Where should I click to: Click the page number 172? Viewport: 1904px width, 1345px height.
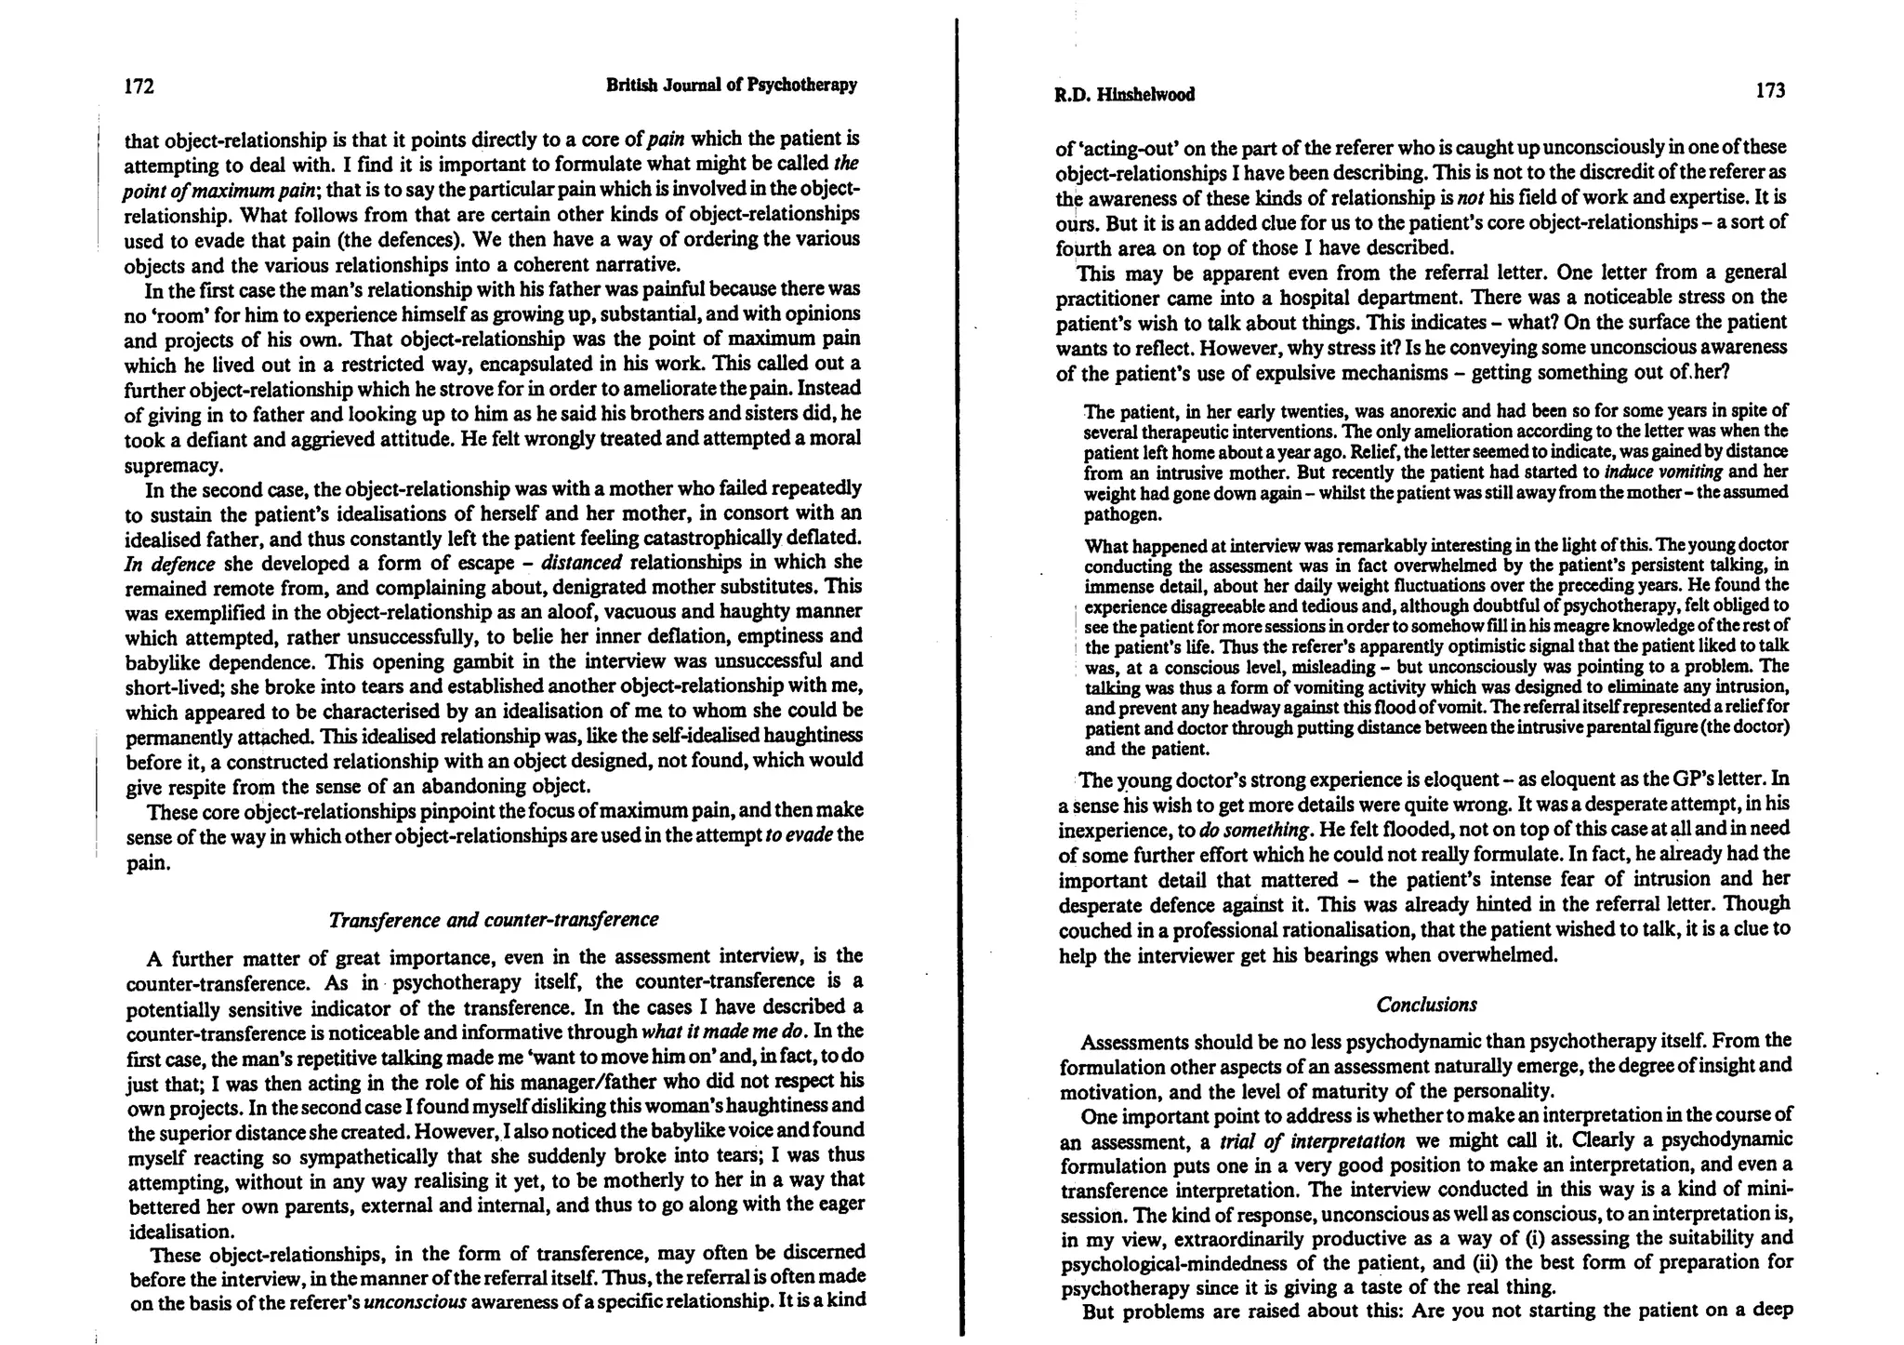click(139, 87)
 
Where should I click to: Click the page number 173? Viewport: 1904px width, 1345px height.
click(1770, 91)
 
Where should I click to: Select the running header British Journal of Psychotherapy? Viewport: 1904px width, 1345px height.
click(731, 86)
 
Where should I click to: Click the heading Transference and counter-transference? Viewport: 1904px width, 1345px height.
click(494, 920)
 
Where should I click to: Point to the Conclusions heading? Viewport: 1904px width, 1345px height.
click(1426, 1005)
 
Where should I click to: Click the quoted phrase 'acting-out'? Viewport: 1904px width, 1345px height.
click(1120, 148)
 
